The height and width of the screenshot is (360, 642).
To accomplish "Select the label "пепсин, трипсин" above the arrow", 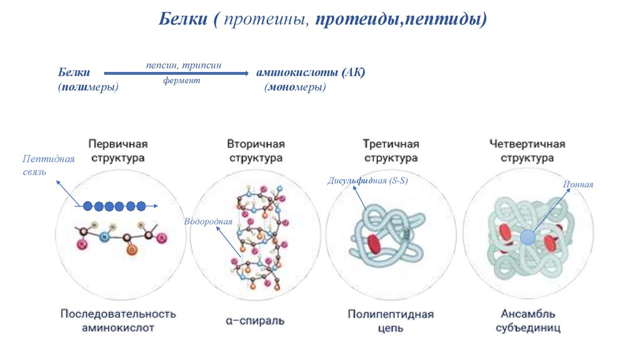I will [183, 65].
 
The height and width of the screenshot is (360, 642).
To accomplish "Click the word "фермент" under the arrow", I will [182, 81].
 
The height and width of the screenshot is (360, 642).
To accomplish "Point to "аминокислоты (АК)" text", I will [310, 73].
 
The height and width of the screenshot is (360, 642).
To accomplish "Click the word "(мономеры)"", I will [295, 88].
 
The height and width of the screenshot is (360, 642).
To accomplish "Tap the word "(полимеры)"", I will [88, 88].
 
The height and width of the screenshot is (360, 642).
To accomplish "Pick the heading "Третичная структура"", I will [391, 151].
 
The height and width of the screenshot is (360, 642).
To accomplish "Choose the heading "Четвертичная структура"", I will [527, 151].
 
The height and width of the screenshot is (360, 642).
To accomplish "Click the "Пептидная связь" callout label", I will [48, 164].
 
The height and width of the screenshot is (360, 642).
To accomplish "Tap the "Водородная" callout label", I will [208, 221].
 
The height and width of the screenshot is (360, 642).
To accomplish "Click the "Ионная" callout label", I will [578, 184].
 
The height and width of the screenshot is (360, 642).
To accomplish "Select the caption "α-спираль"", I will [255, 320].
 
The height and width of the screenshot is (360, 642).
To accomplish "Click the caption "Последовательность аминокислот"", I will [118, 320].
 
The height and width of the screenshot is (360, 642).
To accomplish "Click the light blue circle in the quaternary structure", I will [528, 237].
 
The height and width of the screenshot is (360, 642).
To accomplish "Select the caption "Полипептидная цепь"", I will [391, 320].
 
